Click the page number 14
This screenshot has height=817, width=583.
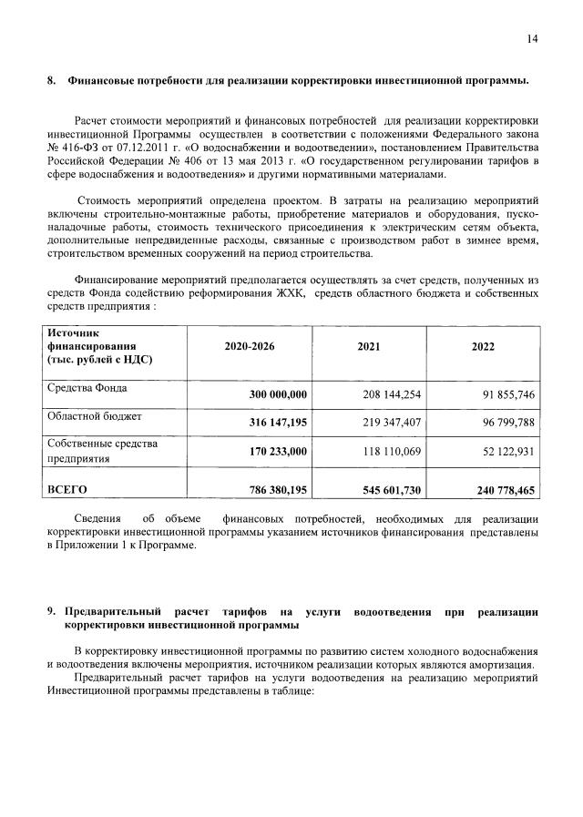click(533, 38)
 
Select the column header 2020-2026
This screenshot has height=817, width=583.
click(249, 347)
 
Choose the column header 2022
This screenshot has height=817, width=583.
click(484, 347)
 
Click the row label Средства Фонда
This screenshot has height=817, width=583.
click(87, 388)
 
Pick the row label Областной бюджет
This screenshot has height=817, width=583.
click(94, 416)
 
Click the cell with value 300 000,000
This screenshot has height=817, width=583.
click(278, 393)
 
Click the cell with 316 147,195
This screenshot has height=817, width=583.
click(278, 423)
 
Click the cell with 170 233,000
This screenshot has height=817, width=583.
click(278, 451)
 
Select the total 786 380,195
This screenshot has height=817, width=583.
click(278, 490)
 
